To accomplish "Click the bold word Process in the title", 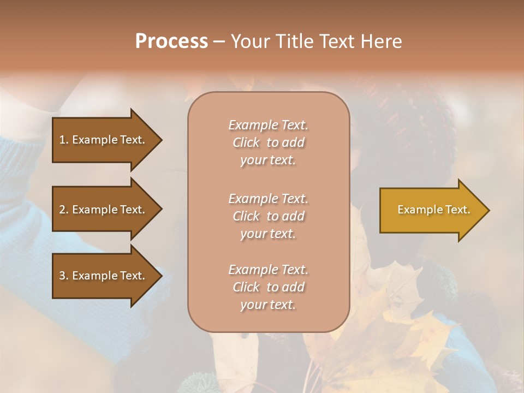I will [171, 41].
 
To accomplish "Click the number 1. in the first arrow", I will [64, 140].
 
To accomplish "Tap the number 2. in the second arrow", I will [64, 210].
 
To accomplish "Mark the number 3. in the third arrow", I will [64, 276].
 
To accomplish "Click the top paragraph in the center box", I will [268, 142].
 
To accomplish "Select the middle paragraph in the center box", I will [268, 216].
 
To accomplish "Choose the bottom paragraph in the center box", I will [268, 287].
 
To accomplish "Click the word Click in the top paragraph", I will [246, 142].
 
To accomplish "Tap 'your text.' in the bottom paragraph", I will [268, 305].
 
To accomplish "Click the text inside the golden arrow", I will [433, 210].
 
